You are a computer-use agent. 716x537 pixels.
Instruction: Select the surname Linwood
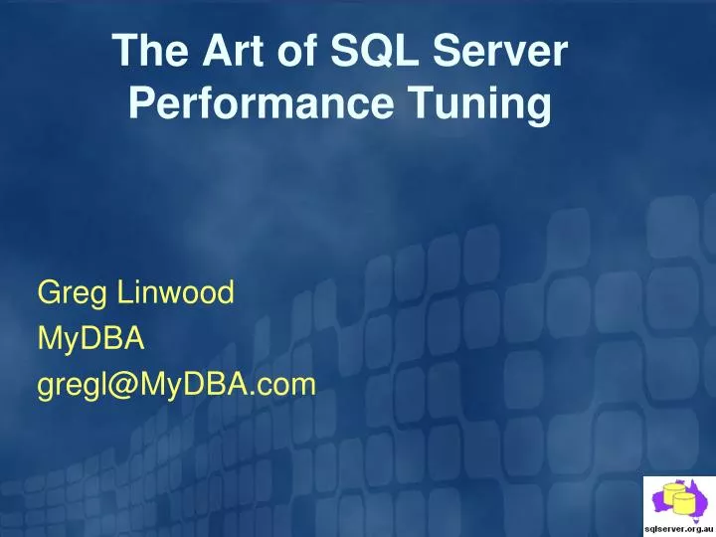pyautogui.click(x=175, y=292)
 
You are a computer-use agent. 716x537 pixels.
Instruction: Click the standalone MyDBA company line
pyautogui.click(x=91, y=339)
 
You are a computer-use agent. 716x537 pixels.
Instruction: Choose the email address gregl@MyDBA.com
pyautogui.click(x=177, y=385)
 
